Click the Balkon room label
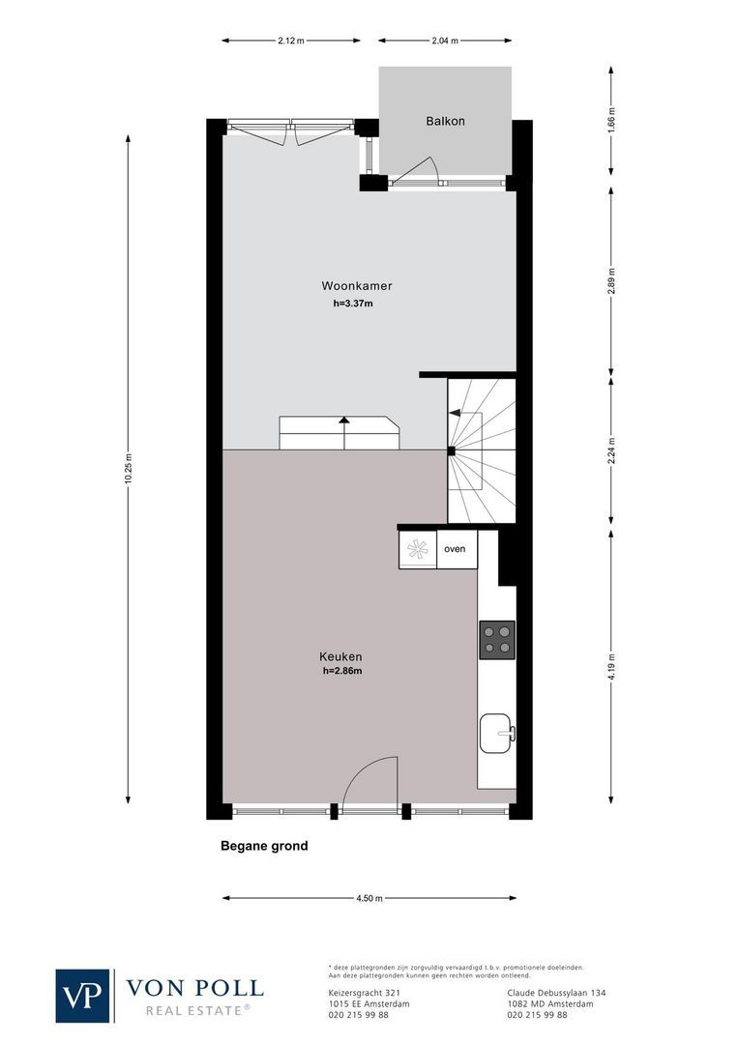click(445, 121)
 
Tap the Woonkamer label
click(356, 286)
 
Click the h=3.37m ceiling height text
click(352, 303)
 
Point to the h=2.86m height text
click(342, 671)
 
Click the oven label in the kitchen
click(455, 549)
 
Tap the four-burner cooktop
click(497, 640)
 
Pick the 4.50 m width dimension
click(369, 898)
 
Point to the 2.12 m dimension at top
click(291, 41)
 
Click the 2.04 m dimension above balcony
click(444, 41)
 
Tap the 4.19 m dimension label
click(610, 668)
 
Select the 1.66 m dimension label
click(610, 124)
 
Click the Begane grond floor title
click(264, 846)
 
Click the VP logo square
click(83, 995)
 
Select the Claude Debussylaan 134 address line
click(556, 992)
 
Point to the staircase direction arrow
click(455, 413)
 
